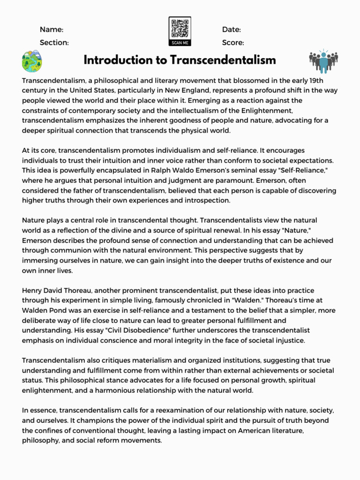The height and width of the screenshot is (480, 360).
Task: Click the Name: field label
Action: tap(51, 30)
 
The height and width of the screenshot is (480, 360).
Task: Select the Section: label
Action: tap(54, 43)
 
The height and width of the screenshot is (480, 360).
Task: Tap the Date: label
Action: tap(232, 30)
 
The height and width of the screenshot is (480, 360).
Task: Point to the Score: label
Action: tap(233, 43)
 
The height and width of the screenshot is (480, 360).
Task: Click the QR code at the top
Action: tap(180, 29)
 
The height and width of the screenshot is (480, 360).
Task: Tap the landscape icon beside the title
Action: tap(32, 61)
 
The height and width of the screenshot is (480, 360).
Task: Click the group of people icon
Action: tap(323, 61)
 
